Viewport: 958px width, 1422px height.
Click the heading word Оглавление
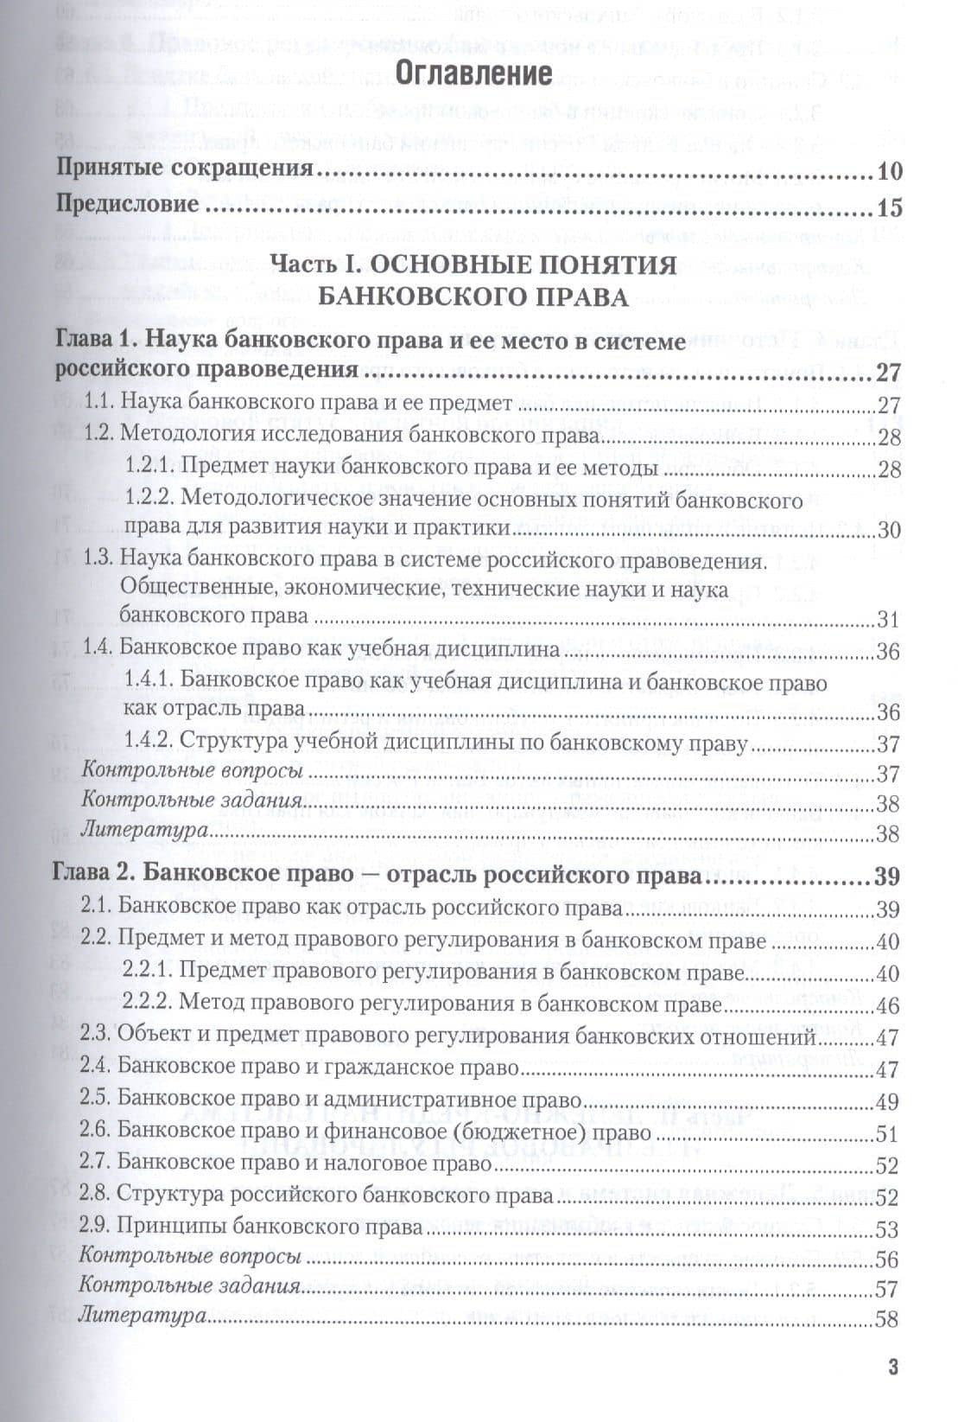click(474, 73)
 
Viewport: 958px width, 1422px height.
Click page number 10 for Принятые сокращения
click(889, 171)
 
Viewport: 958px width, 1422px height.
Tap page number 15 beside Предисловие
click(889, 208)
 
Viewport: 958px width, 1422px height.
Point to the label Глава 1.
click(94, 341)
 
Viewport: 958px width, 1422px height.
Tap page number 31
click(888, 620)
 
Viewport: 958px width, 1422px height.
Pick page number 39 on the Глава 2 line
click(887, 877)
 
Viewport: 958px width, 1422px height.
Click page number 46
click(887, 1005)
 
